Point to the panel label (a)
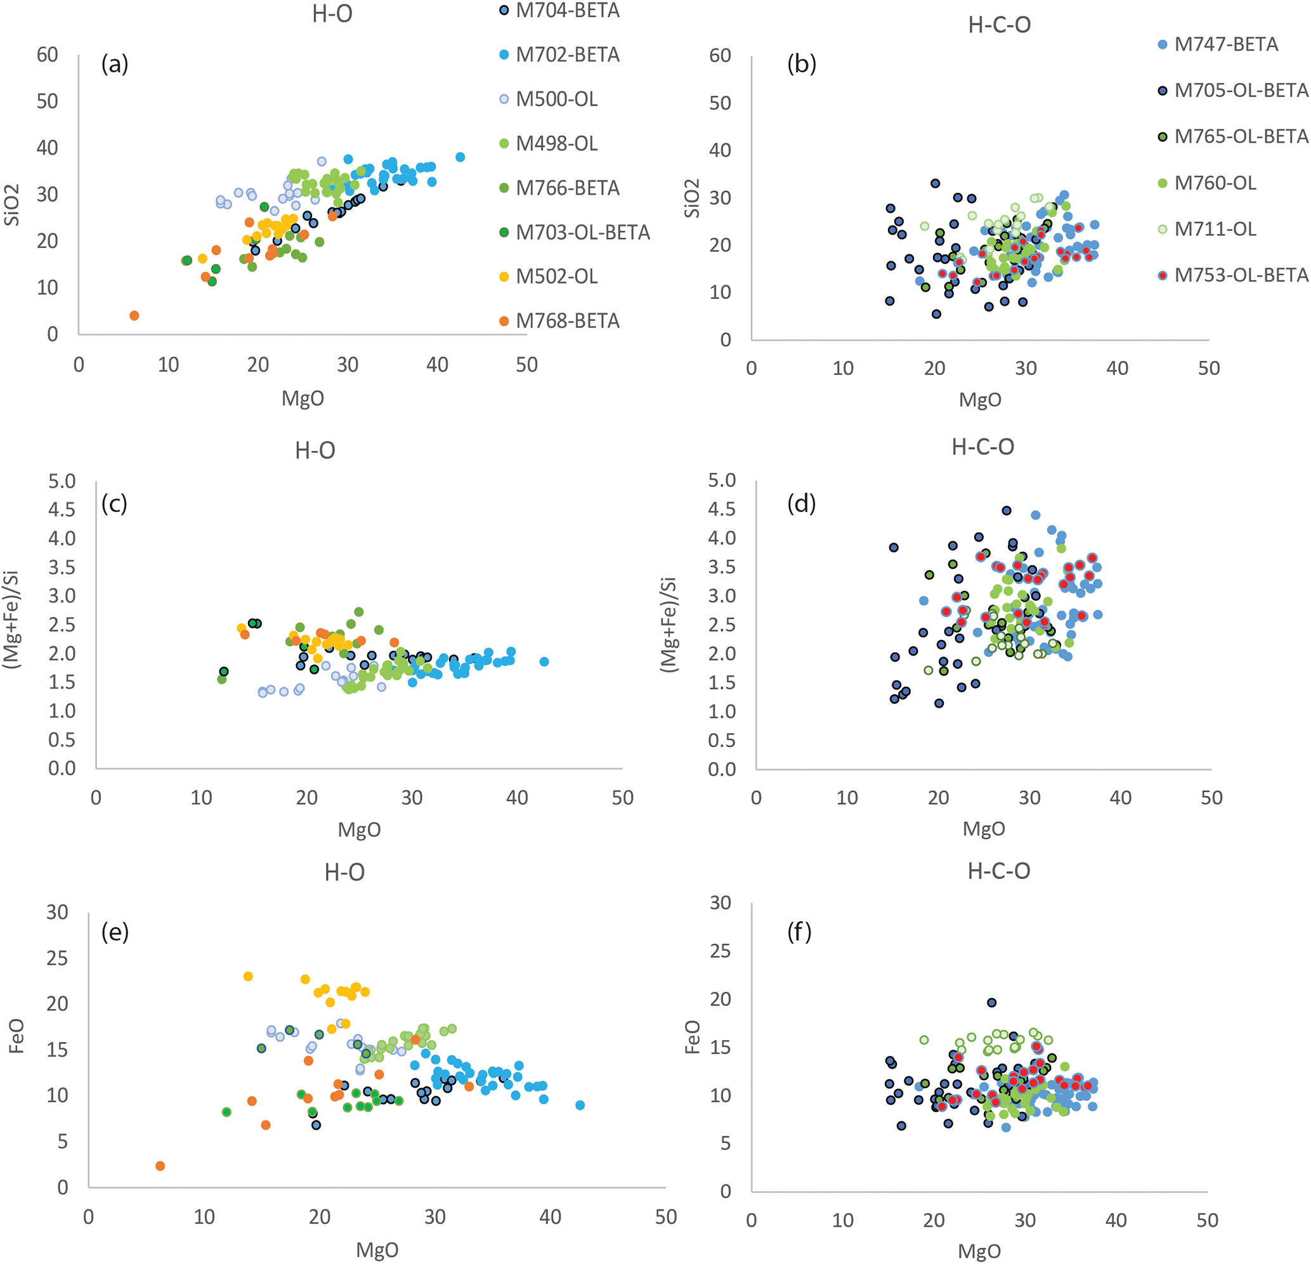coord(114,63)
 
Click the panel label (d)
coord(801,503)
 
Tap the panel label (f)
coord(799,931)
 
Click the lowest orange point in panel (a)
coord(134,316)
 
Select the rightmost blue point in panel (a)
coord(460,157)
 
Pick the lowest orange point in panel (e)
coord(160,1166)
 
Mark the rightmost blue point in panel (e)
coord(580,1105)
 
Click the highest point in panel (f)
coord(992,1003)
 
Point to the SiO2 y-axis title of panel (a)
coord(12,205)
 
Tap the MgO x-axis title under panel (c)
coord(359,830)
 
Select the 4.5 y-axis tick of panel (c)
coord(62,510)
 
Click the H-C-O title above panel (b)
coord(1000,25)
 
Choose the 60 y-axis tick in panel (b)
coord(720,56)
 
